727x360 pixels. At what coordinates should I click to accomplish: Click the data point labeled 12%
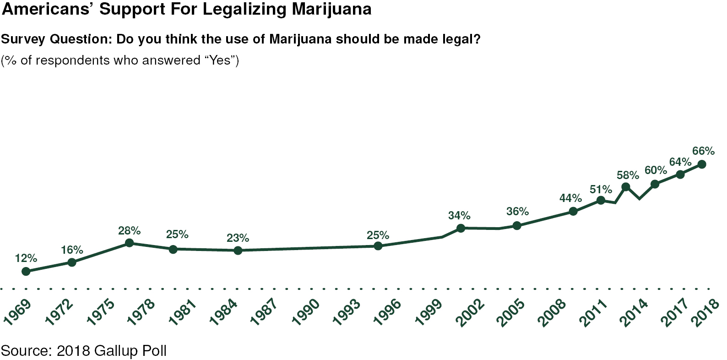pos(26,271)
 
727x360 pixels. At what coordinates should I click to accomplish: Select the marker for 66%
pos(701,164)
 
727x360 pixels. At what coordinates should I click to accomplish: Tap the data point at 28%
pos(130,243)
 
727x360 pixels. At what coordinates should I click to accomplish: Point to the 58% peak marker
pos(625,186)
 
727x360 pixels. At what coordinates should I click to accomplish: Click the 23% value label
pos(238,238)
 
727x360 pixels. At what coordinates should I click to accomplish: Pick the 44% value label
pos(570,198)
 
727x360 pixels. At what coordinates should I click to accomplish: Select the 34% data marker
pos(461,228)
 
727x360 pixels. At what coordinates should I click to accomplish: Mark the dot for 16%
pos(72,262)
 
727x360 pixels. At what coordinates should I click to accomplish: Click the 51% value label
pos(601,189)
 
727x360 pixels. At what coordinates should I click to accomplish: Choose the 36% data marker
pos(517,225)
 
